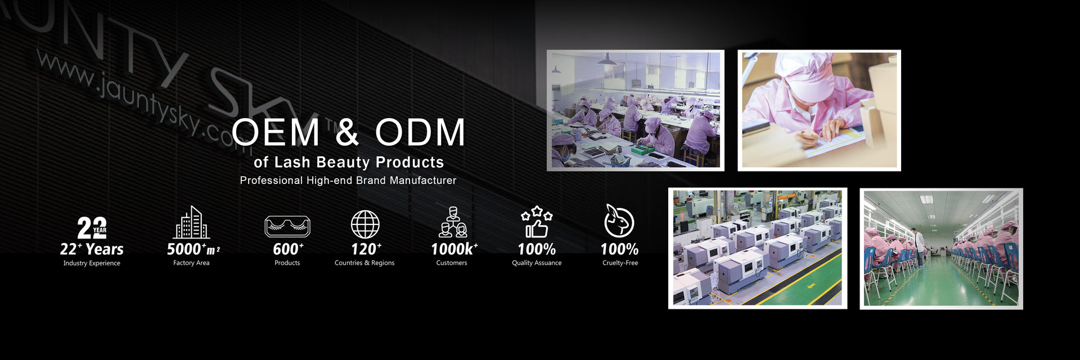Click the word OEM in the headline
tap(276, 132)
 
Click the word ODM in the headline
tap(420, 132)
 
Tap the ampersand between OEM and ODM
tap(348, 132)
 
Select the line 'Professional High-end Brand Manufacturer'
tap(348, 181)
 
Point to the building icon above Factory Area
tap(191, 222)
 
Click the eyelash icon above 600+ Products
tap(287, 226)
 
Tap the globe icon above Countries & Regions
tap(365, 224)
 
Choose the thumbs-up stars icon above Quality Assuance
tap(537, 222)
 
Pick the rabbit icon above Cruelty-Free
tap(619, 220)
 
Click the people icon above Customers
tap(453, 222)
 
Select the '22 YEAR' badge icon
tap(92, 228)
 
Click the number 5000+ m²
tap(193, 249)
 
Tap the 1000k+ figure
tap(454, 249)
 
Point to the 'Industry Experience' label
tap(92, 263)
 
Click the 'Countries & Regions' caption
tap(364, 263)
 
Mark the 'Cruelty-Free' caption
tap(620, 263)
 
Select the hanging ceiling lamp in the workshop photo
tap(606, 60)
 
